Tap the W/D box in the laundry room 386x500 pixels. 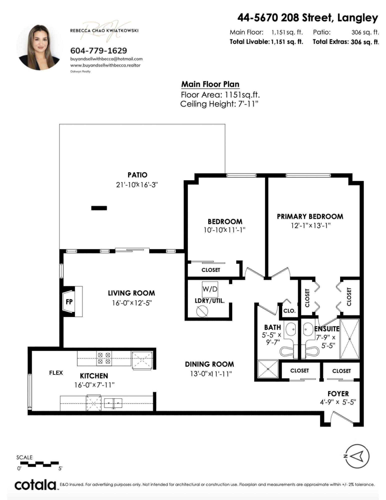[x=210, y=289]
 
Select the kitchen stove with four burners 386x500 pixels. [x=104, y=358]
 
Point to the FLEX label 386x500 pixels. [x=56, y=373]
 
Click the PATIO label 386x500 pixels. [x=137, y=175]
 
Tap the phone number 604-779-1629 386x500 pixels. [x=99, y=51]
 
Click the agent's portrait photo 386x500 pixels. [x=39, y=47]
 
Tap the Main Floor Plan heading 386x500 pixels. [x=210, y=84]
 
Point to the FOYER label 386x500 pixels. [x=338, y=394]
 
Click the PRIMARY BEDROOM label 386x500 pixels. [x=310, y=216]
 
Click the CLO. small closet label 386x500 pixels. [x=290, y=311]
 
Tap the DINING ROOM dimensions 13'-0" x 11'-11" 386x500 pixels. [x=211, y=374]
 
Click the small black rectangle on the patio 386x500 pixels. [x=99, y=208]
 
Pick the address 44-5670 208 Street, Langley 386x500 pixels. [x=308, y=18]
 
